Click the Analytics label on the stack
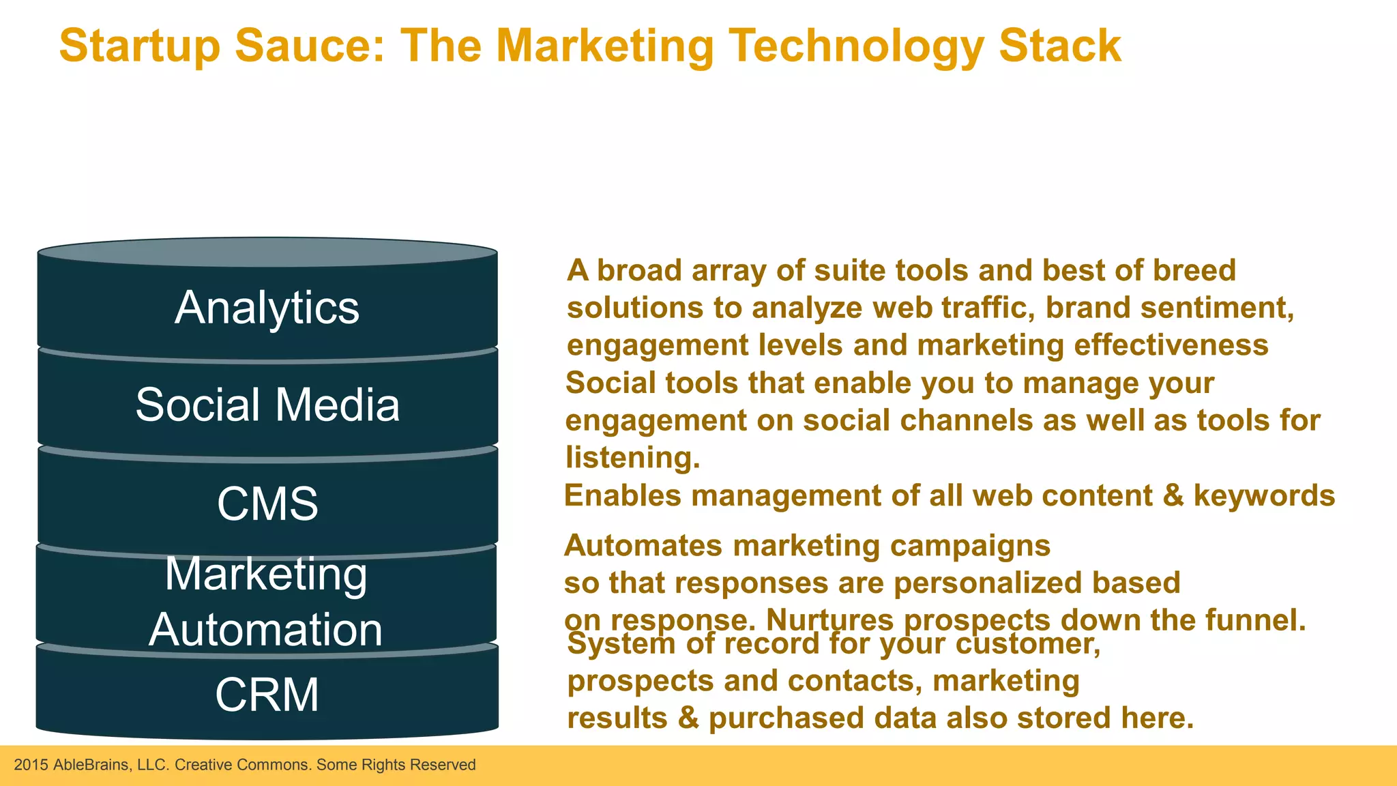tap(267, 308)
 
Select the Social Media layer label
tap(267, 405)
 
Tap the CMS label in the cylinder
tap(267, 504)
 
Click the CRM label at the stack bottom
tap(267, 695)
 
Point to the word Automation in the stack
tap(265, 629)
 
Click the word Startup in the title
tap(140, 46)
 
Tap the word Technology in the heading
tap(857, 46)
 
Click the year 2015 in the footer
tap(31, 765)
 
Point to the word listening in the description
tap(632, 457)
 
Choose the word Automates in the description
tap(643, 546)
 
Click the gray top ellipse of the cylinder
tap(267, 252)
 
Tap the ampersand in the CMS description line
tap(1173, 495)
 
